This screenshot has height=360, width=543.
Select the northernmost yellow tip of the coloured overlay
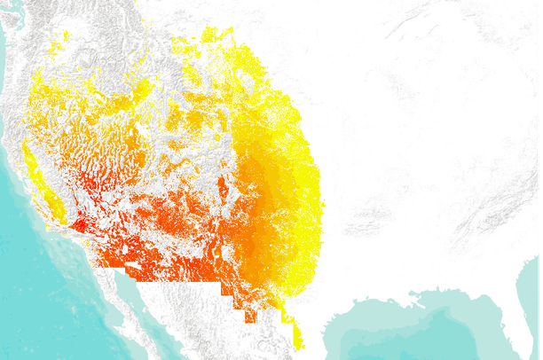[x=209, y=33]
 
